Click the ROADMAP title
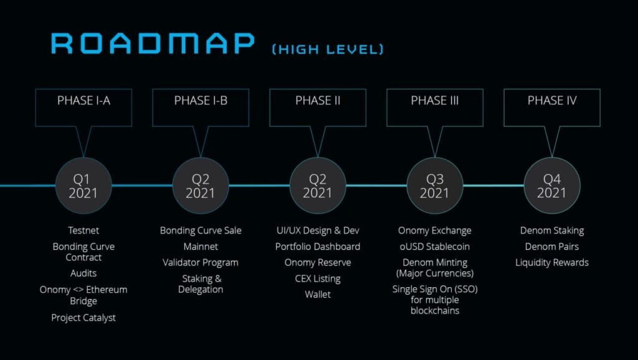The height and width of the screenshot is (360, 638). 153,43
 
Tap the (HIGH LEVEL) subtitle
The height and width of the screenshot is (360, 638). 328,49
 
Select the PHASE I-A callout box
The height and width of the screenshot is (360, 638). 83,107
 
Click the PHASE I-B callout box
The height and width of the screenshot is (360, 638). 201,107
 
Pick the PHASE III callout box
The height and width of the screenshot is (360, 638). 435,107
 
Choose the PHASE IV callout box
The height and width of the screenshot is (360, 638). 552,107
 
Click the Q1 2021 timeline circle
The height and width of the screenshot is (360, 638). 83,186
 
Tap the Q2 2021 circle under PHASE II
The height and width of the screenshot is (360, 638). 318,186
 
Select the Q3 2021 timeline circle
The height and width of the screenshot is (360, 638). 435,186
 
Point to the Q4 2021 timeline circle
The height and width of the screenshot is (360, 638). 552,186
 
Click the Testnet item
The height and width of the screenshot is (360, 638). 83,230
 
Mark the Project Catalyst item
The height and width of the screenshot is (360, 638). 83,318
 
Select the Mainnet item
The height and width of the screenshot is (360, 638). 201,247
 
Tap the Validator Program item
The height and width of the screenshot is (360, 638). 201,262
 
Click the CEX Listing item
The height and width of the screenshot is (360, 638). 318,278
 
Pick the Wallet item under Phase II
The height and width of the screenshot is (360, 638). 318,294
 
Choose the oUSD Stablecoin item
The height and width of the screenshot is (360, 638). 435,247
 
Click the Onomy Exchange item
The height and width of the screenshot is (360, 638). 435,230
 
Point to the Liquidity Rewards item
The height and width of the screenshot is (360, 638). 552,262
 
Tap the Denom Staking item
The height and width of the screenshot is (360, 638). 552,230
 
